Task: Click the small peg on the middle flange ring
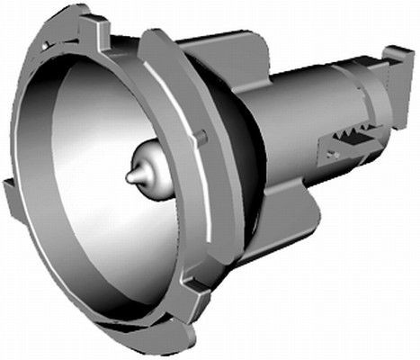point(204,136)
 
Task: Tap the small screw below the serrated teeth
point(334,155)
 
